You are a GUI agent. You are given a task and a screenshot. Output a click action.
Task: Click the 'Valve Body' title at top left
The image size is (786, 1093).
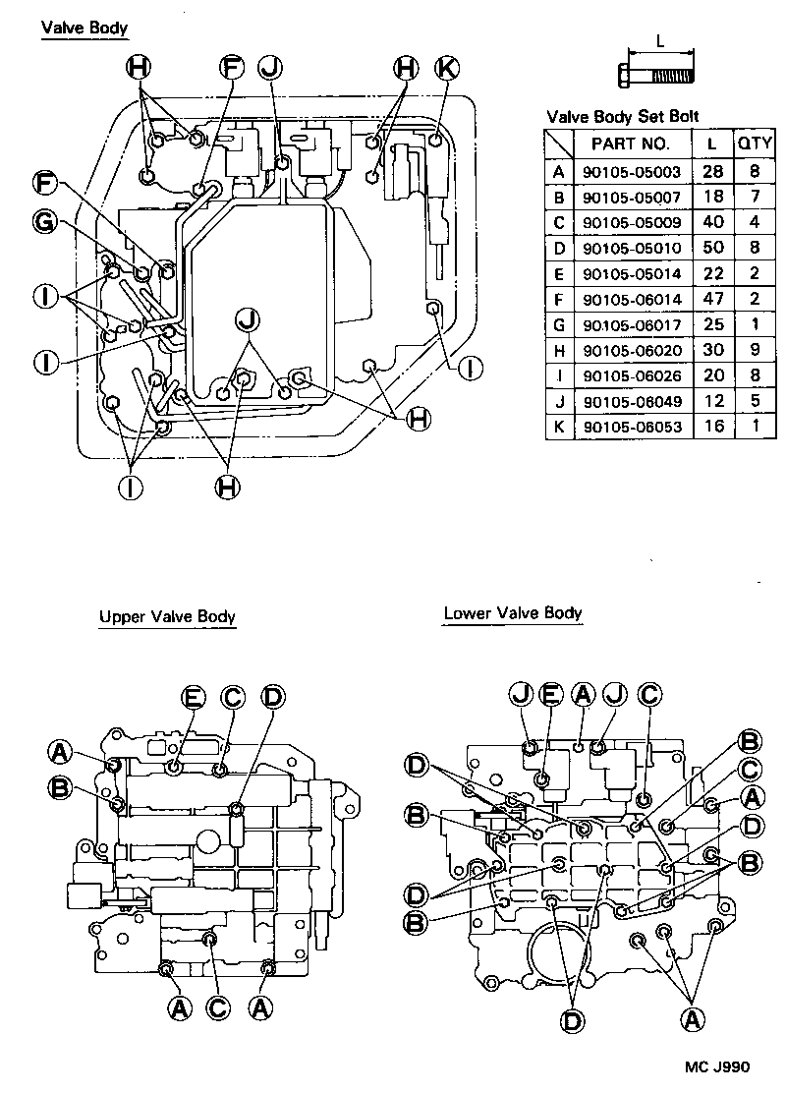(x=84, y=28)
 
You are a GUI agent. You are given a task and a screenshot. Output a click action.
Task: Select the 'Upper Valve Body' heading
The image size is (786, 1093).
(x=167, y=617)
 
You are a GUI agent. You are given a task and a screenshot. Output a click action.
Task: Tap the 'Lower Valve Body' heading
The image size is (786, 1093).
(x=513, y=613)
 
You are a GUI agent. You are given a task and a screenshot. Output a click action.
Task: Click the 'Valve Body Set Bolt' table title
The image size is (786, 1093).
(x=622, y=116)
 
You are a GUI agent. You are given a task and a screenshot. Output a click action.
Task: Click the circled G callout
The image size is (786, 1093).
(x=44, y=223)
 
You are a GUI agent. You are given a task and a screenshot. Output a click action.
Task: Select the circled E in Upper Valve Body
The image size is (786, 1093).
(x=194, y=697)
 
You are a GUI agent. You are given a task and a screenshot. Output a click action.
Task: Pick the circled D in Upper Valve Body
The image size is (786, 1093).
(x=272, y=697)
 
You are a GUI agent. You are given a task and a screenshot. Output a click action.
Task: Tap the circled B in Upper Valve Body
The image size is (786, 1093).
(x=60, y=787)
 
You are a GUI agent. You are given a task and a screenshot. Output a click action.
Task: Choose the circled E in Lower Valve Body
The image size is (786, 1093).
(x=551, y=694)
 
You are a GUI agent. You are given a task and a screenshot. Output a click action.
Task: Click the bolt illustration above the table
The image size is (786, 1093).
(x=655, y=75)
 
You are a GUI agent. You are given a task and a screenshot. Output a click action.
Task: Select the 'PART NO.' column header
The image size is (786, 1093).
(x=630, y=144)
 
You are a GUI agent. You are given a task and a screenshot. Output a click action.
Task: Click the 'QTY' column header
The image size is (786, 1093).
(x=755, y=144)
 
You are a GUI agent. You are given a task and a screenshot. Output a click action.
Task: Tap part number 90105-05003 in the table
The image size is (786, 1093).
(x=630, y=172)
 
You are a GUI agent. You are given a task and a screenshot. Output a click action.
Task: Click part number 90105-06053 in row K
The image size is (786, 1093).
(x=630, y=427)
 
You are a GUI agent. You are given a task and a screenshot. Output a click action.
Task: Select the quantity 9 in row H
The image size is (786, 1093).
(x=755, y=350)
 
